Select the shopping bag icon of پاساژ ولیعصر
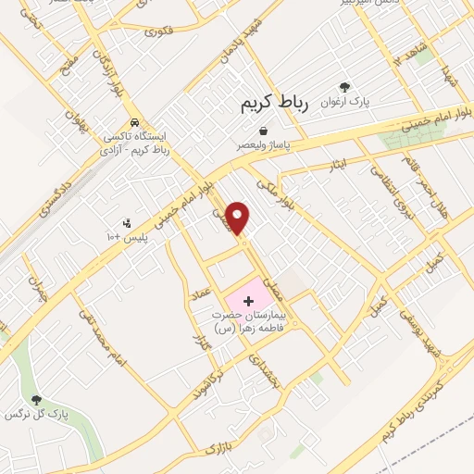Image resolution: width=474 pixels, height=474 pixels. pyautogui.click(x=264, y=131)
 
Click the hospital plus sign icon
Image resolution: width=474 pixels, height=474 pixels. pyautogui.click(x=248, y=300)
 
